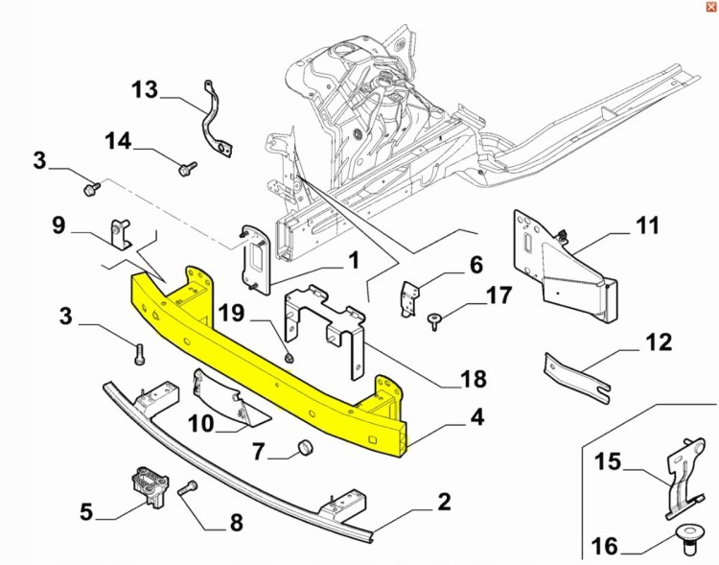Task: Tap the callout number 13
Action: tap(144, 90)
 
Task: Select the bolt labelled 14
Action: tap(182, 169)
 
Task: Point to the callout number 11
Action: tap(648, 227)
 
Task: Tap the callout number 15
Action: tap(607, 462)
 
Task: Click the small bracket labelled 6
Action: tap(408, 297)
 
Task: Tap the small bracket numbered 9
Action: tap(121, 233)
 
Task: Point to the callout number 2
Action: tap(444, 502)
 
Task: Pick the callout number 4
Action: tap(476, 418)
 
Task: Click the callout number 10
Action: tap(202, 421)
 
